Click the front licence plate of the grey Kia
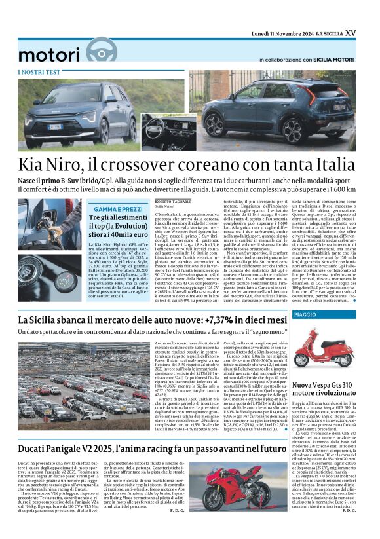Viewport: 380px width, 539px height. point(54,127)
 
